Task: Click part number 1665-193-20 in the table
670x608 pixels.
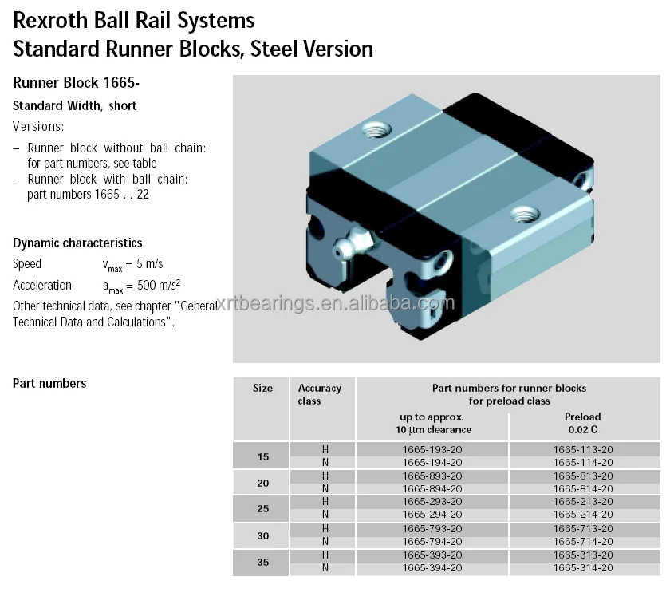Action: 432,449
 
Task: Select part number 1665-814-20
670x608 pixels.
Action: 583,488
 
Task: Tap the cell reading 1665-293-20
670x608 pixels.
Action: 432,502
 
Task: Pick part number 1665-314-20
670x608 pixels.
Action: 583,567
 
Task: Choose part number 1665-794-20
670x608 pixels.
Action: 432,541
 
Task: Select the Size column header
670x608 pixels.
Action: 262,389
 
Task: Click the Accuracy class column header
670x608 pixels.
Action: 319,394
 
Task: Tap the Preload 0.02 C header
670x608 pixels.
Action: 582,423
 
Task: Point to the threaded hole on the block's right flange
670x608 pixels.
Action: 524,213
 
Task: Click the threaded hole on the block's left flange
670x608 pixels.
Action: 373,127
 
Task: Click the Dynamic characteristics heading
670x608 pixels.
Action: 77,243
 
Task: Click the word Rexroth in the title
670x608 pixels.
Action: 51,20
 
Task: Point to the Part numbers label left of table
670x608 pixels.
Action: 49,383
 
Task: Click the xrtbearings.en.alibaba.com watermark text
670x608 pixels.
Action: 335,302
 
